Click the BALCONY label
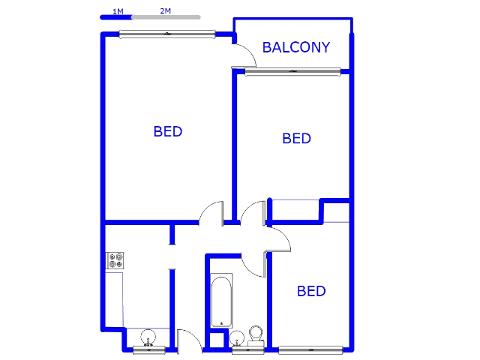[296, 47]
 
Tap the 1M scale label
[118, 12]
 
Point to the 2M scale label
[165, 11]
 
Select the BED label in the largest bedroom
[168, 132]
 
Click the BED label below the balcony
[296, 139]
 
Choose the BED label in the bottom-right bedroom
[311, 291]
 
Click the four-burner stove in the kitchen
[115, 260]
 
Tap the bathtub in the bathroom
[221, 301]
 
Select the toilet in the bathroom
[256, 335]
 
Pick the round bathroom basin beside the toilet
[237, 338]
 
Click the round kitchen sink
[148, 337]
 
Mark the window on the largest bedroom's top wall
[167, 34]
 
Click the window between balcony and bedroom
[292, 72]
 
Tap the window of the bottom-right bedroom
[310, 350]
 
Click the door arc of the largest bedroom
[205, 208]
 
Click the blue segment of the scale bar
[116, 17]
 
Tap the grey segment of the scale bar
[166, 17]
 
